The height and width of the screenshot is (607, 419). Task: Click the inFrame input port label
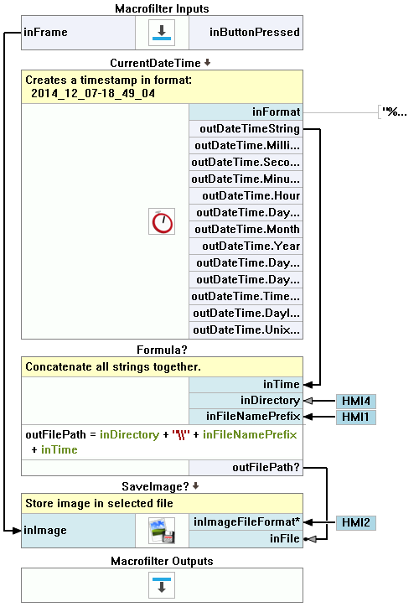tap(45, 32)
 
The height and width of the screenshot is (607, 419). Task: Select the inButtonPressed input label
tap(255, 32)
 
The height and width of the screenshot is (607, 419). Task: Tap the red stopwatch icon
tap(162, 221)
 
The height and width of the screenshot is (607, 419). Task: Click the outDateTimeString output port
tap(250, 128)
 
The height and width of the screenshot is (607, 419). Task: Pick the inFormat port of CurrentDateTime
tap(276, 112)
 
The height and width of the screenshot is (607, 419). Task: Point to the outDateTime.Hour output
tap(251, 195)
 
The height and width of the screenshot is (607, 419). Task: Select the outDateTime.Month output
tap(247, 229)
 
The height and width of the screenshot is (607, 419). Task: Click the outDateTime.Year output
tap(251, 246)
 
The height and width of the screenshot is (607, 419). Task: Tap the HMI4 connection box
tap(356, 401)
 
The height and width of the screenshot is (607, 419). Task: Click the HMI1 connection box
tap(356, 418)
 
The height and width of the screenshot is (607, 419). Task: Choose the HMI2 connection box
tap(356, 523)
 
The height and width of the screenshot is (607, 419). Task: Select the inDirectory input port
tap(270, 400)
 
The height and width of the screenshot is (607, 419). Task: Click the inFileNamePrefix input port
tap(253, 416)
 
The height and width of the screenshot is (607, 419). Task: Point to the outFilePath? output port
tap(266, 468)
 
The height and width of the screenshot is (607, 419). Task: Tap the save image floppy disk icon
tap(162, 531)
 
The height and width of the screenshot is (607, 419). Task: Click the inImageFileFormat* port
tap(246, 521)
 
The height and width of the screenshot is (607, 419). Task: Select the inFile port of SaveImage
tap(284, 538)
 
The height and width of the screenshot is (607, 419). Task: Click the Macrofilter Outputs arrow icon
tap(162, 585)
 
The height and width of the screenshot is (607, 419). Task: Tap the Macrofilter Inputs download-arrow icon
tap(162, 33)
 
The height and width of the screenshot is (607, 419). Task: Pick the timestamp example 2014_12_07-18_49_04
tap(93, 93)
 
